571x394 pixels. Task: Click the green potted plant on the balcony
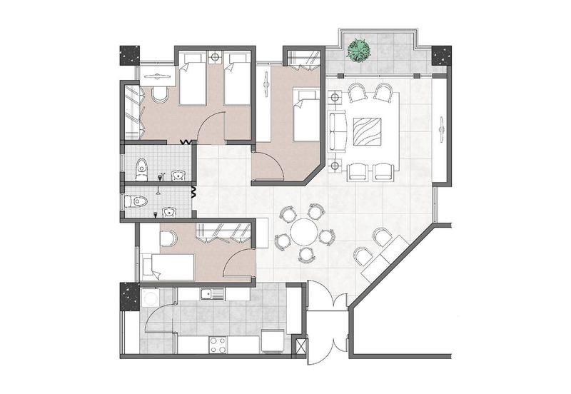[x=359, y=49]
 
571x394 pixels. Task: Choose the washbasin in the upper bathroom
[x=178, y=175]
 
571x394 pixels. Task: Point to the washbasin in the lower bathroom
[x=169, y=211]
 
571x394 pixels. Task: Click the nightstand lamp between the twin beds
[x=216, y=55]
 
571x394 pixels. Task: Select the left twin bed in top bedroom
[x=191, y=83]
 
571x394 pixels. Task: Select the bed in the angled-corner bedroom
[x=306, y=113]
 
